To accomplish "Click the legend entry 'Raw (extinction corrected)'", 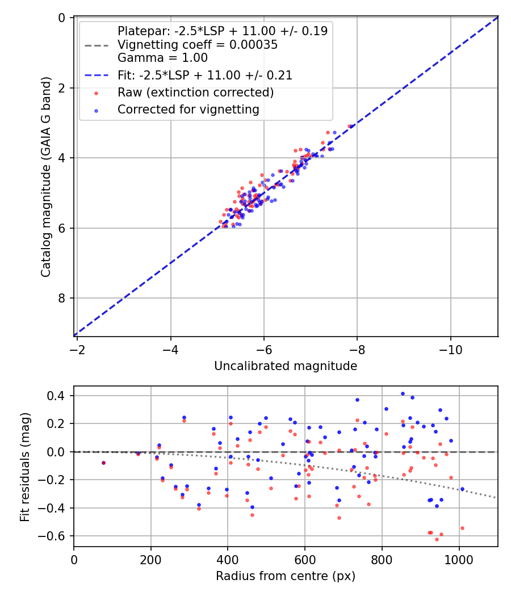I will point(195,93).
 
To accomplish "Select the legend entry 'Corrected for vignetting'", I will point(188,110).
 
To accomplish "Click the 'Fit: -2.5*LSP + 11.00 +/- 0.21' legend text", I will point(205,75).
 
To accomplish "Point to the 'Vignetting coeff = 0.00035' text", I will point(198,45).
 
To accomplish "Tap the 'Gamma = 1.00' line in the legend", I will point(162,58).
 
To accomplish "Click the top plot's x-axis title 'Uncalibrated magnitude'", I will point(286,367).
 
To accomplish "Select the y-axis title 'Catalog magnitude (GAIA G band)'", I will point(47,177).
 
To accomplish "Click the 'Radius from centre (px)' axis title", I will point(286,576).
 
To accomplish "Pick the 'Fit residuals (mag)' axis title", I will point(24,467).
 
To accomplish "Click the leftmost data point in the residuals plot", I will point(103,463).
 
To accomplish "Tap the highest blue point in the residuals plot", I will point(403,393).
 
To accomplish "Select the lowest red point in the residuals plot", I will point(437,539).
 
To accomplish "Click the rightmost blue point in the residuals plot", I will point(462,489).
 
